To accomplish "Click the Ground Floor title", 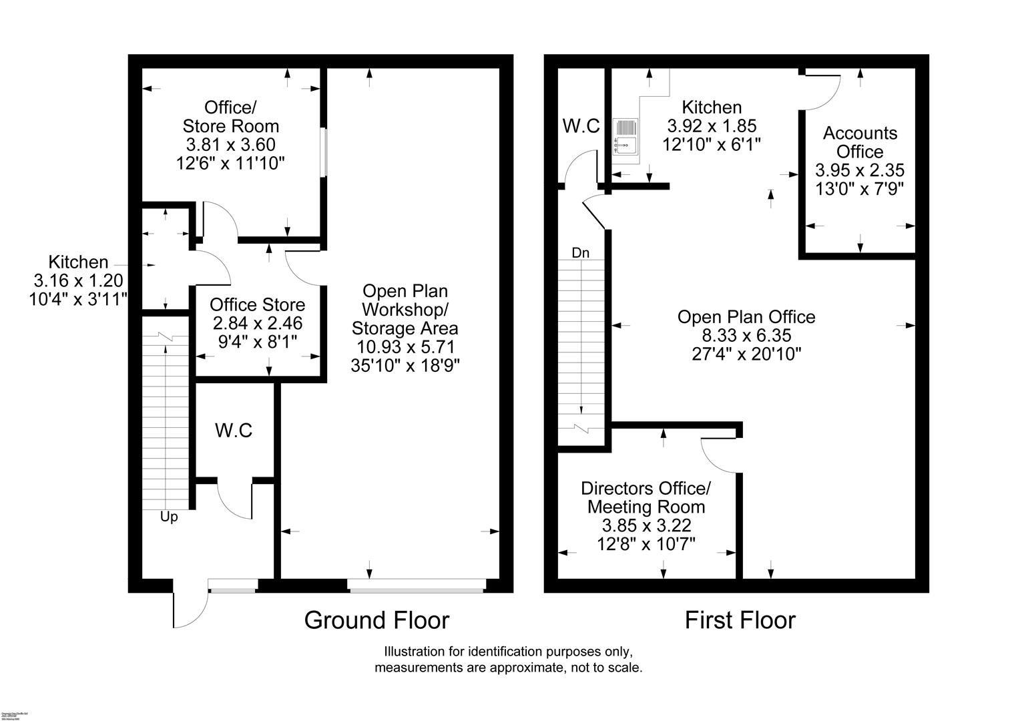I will pyautogui.click(x=376, y=620).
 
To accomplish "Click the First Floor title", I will pyautogui.click(x=740, y=620).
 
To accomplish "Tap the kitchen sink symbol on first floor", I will pyautogui.click(x=625, y=136).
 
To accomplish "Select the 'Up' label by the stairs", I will pyautogui.click(x=169, y=517).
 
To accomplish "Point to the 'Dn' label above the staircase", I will pyautogui.click(x=581, y=253).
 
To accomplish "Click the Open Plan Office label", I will pyautogui.click(x=746, y=316).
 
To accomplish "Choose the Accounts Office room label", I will pyautogui.click(x=860, y=142).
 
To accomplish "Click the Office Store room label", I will pyautogui.click(x=257, y=305).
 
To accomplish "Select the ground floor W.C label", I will pyautogui.click(x=234, y=431).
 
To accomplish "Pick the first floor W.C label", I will pyautogui.click(x=581, y=126).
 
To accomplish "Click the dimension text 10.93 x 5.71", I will pyautogui.click(x=405, y=347).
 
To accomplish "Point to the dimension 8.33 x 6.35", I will pyautogui.click(x=746, y=335).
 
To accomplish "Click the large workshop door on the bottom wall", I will pyautogui.click(x=417, y=585).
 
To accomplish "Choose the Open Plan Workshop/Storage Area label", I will pyautogui.click(x=405, y=310).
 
